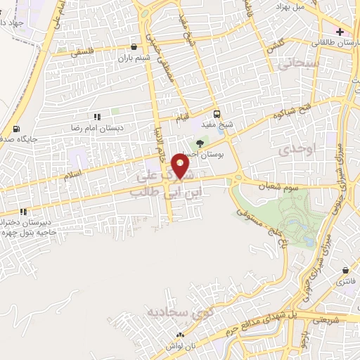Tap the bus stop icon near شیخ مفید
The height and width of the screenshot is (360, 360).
(x=217, y=114)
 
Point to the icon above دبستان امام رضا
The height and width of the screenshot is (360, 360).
(x=96, y=117)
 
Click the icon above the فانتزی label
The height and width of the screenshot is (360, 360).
(x=345, y=270)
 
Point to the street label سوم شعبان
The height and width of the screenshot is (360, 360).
(x=259, y=179)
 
